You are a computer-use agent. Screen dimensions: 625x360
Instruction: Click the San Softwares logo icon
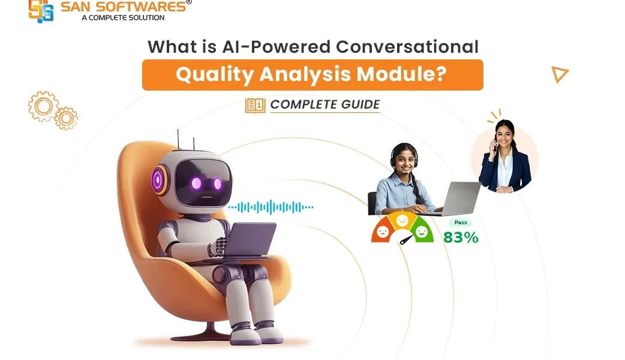(41, 11)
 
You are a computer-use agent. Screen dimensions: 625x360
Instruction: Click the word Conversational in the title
(407, 47)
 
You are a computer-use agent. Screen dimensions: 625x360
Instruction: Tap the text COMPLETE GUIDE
(325, 104)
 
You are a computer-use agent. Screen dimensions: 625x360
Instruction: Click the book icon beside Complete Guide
(255, 105)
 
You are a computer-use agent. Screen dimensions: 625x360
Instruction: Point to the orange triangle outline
(560, 74)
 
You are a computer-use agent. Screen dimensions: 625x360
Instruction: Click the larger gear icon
(43, 106)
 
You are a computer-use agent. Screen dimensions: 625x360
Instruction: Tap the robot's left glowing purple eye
(196, 183)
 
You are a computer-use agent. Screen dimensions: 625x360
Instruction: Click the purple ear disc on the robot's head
(160, 180)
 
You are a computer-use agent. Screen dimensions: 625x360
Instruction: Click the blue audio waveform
(271, 207)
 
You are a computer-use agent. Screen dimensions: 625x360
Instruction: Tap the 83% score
(461, 238)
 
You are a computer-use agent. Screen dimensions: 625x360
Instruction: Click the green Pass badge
(461, 223)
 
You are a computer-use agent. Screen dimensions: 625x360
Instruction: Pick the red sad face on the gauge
(383, 232)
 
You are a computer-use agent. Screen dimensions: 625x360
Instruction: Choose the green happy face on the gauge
(421, 231)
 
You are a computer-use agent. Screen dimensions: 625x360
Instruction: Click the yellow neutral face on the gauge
(402, 220)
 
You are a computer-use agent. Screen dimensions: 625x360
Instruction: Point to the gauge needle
(407, 240)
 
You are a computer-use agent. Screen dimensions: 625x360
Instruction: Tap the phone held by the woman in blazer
(495, 142)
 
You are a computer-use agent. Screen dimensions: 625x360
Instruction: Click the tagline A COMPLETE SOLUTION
(123, 17)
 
